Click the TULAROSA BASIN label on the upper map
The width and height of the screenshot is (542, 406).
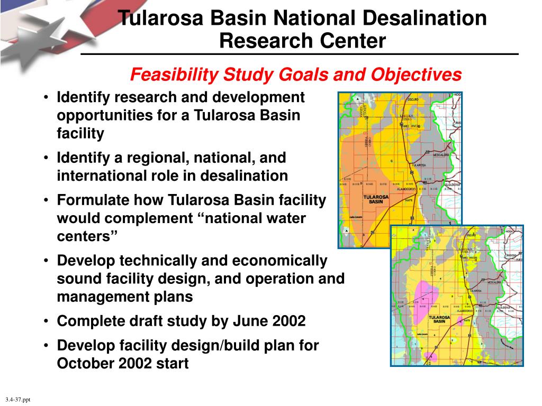tap(376, 199)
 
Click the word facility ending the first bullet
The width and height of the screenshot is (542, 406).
tap(80, 133)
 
